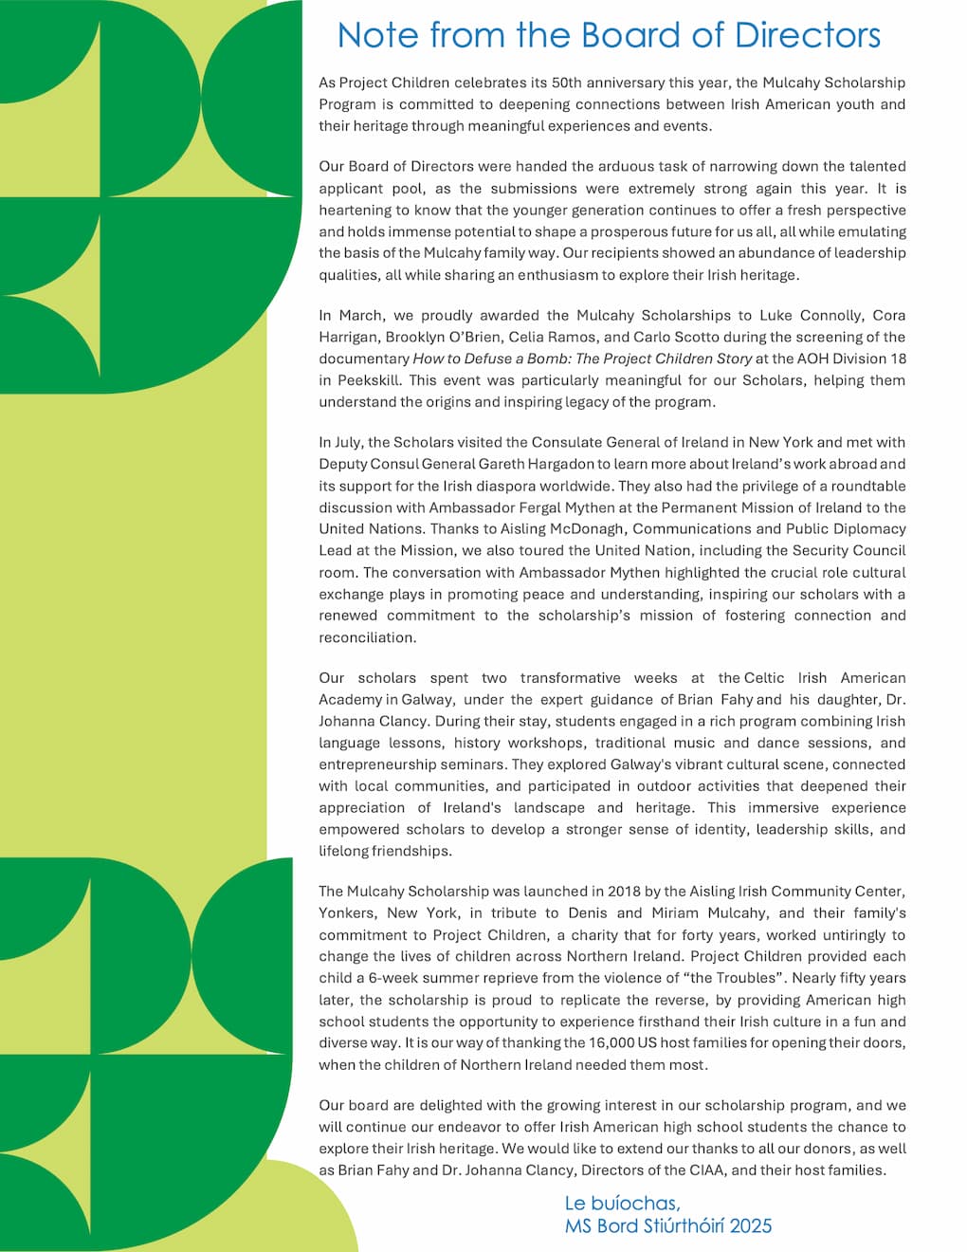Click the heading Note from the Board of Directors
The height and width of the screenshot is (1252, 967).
pos(609,35)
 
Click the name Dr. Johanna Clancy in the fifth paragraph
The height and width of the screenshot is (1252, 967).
pos(373,721)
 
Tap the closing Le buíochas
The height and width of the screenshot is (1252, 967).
pos(622,1204)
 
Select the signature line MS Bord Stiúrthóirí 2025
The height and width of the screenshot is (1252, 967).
pos(667,1226)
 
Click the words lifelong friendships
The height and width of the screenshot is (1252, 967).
pos(384,851)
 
